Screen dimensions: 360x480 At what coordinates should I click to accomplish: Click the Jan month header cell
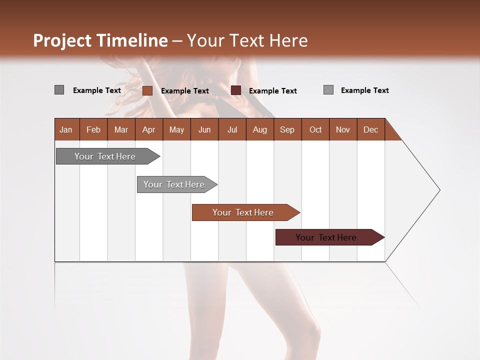(x=66, y=129)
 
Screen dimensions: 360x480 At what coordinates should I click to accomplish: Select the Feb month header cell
(x=93, y=129)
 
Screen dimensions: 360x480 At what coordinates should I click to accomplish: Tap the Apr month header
(x=149, y=129)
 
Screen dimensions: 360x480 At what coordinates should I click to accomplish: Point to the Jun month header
(x=204, y=129)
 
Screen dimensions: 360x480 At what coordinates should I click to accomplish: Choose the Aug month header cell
(x=260, y=129)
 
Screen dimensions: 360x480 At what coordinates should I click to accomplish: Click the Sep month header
(x=287, y=129)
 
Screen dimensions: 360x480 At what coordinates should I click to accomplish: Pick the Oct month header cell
(x=315, y=129)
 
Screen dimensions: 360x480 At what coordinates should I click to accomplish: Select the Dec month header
(x=371, y=129)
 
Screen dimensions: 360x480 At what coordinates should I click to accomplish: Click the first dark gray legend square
(x=59, y=90)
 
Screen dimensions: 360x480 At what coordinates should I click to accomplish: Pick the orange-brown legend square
(x=147, y=90)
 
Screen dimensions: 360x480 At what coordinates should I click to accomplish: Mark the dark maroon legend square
(x=236, y=90)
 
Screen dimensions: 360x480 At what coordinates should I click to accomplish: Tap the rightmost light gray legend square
(x=328, y=90)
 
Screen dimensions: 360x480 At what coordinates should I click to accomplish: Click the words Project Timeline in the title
(x=100, y=40)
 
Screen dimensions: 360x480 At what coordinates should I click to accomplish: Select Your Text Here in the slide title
(x=247, y=40)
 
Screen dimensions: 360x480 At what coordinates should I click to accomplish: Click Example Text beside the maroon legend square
(x=273, y=91)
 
